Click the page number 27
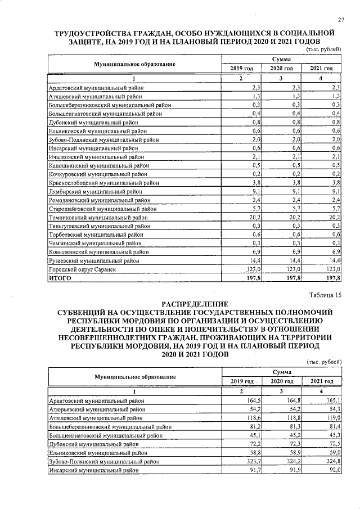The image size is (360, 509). (340, 21)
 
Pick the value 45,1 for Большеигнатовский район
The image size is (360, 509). (251, 435)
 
